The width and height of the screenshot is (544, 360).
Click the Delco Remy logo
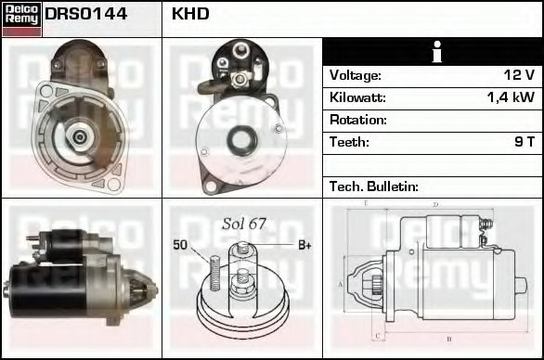point(21,19)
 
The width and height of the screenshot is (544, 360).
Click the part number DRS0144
point(86,15)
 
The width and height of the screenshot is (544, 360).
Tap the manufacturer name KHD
point(191,15)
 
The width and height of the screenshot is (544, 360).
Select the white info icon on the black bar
point(433,52)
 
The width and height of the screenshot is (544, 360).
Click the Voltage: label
point(356,75)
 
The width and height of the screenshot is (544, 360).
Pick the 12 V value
point(517,75)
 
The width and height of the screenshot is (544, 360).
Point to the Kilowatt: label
point(357,97)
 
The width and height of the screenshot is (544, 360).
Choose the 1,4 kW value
point(510,97)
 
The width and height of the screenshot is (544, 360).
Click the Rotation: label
point(357,120)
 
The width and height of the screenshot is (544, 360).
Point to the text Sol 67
point(244,224)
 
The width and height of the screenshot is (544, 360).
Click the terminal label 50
point(180,244)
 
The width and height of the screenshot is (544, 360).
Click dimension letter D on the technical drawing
point(435,204)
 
